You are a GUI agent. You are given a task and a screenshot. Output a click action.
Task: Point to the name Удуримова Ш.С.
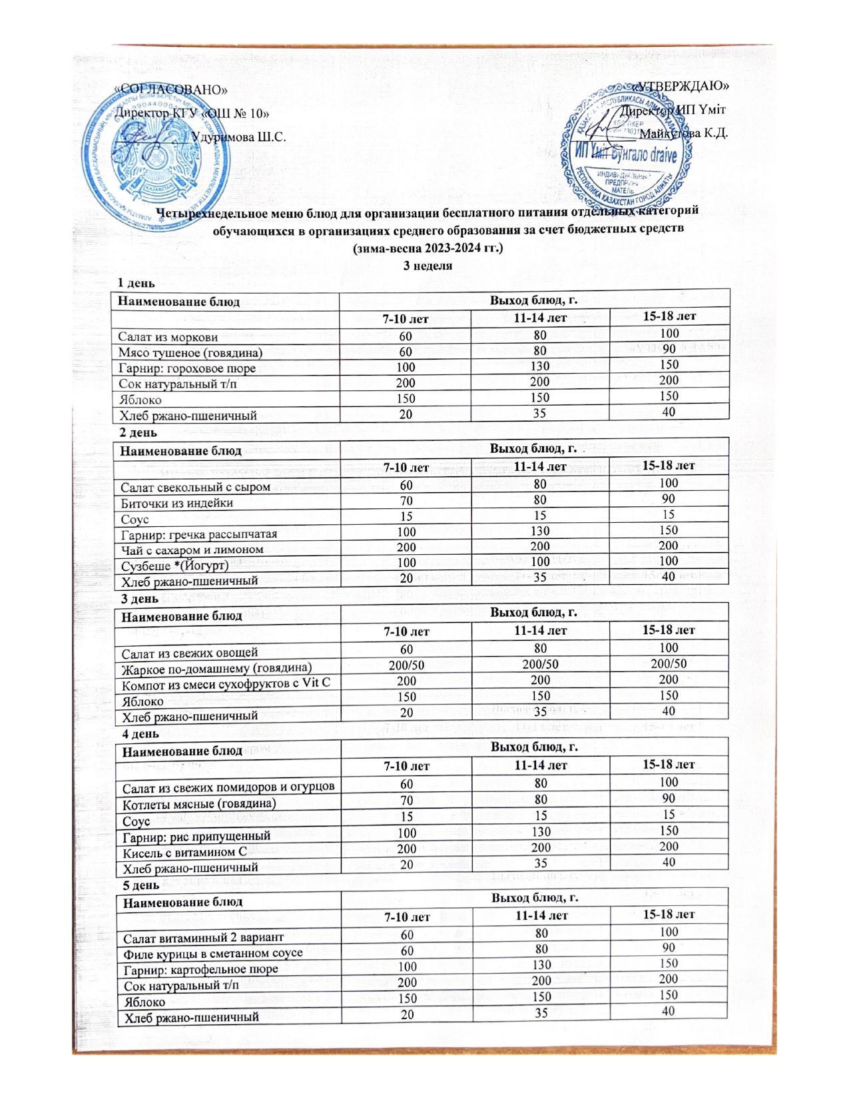(238, 137)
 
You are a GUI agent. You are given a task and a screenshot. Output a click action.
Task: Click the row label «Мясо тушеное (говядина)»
(190, 352)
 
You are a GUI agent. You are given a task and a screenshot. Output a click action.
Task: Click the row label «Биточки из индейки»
(176, 503)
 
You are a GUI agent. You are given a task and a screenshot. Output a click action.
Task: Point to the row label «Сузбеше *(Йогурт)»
(174, 565)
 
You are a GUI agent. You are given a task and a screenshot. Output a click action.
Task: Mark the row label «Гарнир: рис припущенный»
(194, 836)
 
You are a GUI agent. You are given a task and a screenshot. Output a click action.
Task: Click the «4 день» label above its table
(138, 734)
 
